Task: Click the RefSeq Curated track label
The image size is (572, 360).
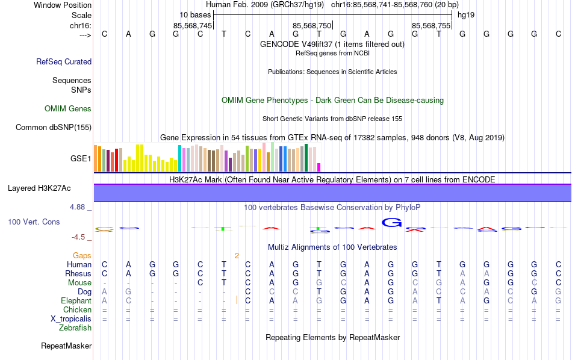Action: pyautogui.click(x=64, y=61)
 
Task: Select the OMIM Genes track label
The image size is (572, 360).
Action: pyautogui.click(x=68, y=109)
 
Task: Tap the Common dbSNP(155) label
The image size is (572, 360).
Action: pyautogui.click(x=54, y=127)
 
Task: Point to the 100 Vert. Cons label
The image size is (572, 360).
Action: pyautogui.click(x=34, y=222)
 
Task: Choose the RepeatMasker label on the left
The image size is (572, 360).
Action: pyautogui.click(x=66, y=346)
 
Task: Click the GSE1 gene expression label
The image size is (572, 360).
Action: pyautogui.click(x=81, y=159)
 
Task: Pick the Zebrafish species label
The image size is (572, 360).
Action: pyautogui.click(x=75, y=328)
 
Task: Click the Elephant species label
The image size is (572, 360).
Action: pyautogui.click(x=76, y=301)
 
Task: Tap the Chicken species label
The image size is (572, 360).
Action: pyautogui.click(x=77, y=310)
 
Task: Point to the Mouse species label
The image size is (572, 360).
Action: pyautogui.click(x=79, y=283)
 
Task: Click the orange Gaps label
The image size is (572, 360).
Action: pyautogui.click(x=82, y=256)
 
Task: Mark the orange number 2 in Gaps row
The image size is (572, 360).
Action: pyautogui.click(x=237, y=256)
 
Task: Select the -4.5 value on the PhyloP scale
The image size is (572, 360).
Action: pyautogui.click(x=79, y=237)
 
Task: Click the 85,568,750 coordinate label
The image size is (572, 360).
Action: pyautogui.click(x=312, y=26)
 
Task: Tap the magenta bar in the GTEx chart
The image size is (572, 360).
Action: pyautogui.click(x=319, y=167)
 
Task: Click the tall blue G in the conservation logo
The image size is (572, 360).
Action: pyautogui.click(x=392, y=222)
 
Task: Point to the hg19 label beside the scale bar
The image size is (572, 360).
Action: pyautogui.click(x=466, y=14)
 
